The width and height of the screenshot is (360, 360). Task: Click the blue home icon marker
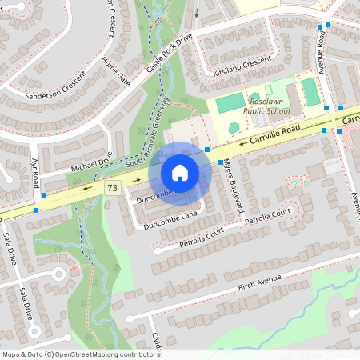[x=180, y=173]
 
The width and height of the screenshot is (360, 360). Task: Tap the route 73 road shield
[x=111, y=187]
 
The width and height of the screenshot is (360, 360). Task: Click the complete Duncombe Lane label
[x=170, y=222]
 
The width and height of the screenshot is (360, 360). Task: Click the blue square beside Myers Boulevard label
[x=207, y=150]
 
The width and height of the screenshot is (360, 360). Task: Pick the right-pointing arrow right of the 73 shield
[x=126, y=180]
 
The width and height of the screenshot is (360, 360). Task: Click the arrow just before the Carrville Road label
[x=237, y=144]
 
